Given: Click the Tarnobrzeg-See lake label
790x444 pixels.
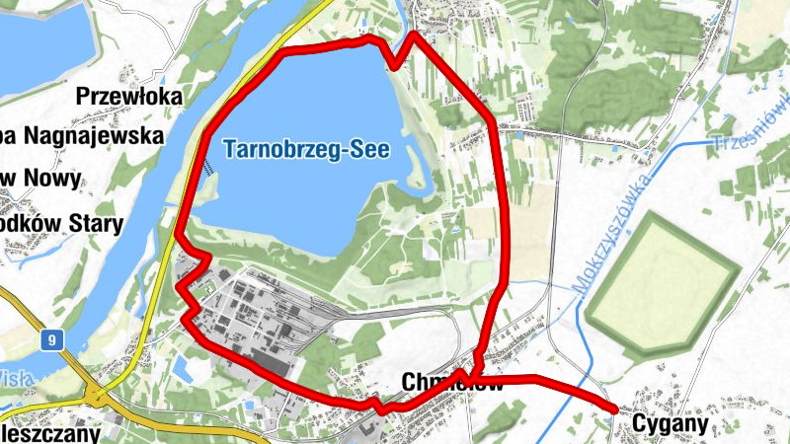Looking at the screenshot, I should point(307,151).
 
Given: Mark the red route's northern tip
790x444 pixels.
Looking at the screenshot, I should point(412,35).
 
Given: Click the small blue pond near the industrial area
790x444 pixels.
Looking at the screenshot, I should point(183,370).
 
